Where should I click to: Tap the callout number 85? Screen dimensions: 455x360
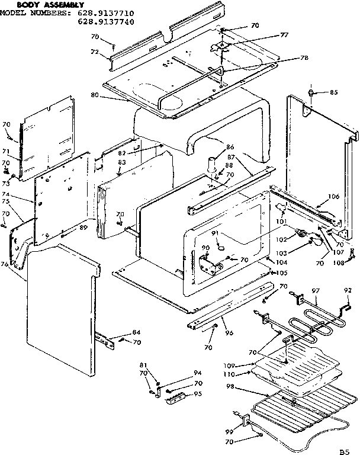pyautogui.click(x=333, y=92)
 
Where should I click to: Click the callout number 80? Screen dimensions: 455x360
pyautogui.click(x=95, y=94)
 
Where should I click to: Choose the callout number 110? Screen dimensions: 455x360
pyautogui.click(x=230, y=374)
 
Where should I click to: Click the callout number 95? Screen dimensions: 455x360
pyautogui.click(x=198, y=394)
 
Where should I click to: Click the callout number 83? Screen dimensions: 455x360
pyautogui.click(x=121, y=162)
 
